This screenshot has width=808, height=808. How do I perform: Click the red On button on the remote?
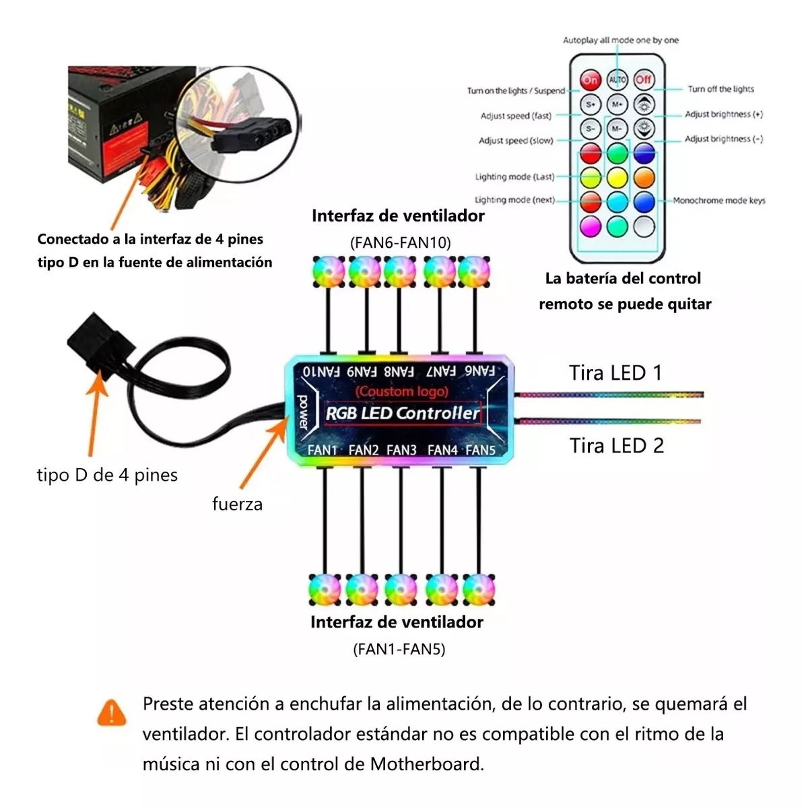coord(591,80)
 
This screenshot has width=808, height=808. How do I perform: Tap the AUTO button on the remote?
coord(617,80)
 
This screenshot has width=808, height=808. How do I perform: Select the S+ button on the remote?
coord(591,104)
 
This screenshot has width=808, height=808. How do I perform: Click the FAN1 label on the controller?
coord(323,450)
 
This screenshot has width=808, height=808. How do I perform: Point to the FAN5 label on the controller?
coord(480,450)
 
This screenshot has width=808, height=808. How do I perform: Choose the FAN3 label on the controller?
coord(401,450)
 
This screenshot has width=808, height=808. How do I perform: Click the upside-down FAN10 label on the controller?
coord(321,371)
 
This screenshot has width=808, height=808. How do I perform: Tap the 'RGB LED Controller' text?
coord(402,413)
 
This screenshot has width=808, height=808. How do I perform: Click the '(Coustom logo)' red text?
coord(402,391)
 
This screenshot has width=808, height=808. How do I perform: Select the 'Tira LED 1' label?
coord(615,373)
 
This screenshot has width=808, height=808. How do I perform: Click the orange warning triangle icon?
coord(112,712)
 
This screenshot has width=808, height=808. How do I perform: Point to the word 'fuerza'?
coord(237,504)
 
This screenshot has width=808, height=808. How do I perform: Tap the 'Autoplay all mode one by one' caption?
coord(621,40)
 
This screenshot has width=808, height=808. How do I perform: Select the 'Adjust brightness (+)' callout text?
coord(724,114)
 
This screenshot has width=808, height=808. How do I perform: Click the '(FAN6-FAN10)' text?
coord(400,242)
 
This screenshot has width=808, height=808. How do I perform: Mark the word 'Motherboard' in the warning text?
coord(426,764)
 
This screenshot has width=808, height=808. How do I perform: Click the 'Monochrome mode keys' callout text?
coord(719,201)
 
